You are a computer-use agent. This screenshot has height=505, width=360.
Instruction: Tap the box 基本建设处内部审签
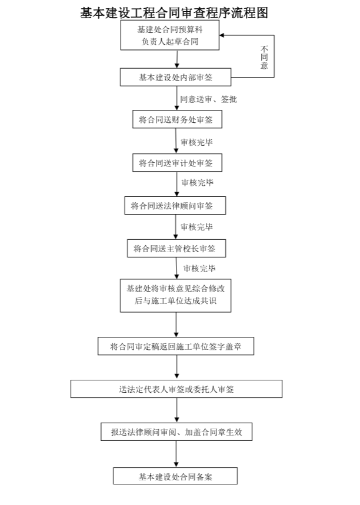click(176, 77)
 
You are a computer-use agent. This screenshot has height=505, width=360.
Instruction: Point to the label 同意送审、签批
click(208, 99)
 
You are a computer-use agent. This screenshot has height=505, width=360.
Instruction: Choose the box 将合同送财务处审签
click(176, 119)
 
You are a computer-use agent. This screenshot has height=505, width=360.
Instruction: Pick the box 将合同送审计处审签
click(176, 162)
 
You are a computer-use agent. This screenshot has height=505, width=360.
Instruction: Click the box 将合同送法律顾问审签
click(176, 206)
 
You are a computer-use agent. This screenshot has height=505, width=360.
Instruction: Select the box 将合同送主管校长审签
click(176, 249)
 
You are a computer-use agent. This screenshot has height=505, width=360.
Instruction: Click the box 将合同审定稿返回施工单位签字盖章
click(176, 347)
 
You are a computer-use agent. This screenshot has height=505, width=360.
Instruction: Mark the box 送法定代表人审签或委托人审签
click(176, 389)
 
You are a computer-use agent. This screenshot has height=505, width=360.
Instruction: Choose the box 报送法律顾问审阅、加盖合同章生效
click(176, 432)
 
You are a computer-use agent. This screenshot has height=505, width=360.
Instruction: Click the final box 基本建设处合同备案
click(176, 476)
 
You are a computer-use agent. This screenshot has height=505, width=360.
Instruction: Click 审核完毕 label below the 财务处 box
click(197, 142)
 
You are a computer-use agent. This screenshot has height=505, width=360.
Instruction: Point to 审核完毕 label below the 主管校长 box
click(199, 269)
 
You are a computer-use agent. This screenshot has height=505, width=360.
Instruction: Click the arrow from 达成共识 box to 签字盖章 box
click(176, 325)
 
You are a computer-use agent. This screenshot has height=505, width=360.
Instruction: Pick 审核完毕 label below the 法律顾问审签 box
click(197, 227)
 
